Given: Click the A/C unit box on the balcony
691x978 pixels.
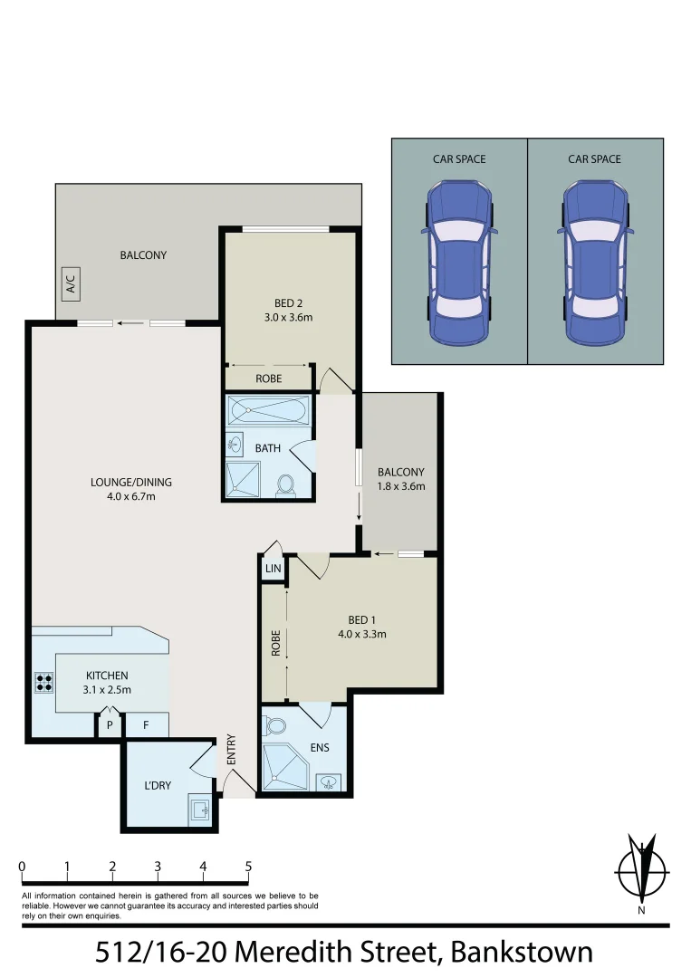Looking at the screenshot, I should coord(71,284).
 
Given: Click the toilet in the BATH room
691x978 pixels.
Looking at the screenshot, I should coord(287,484).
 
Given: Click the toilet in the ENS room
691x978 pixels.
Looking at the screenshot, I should coord(274,725).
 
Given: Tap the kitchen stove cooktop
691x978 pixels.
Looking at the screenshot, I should coord(43,682).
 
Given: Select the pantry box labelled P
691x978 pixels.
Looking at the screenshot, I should coord(110,725).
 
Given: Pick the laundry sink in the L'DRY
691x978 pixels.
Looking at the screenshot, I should coord(199,808).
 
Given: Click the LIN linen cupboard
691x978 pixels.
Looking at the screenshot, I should coord(273,569).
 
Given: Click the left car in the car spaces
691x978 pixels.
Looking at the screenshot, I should coord(459,263).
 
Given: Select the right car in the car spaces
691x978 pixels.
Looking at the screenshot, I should coord(595,263).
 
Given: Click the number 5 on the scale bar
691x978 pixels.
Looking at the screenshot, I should coord(248,867).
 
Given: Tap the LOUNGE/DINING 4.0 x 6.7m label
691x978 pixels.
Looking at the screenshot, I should coord(131,489).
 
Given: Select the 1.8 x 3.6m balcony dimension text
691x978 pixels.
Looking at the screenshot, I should coord(401,486).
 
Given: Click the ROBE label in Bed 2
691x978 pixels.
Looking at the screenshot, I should coord(269,379).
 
